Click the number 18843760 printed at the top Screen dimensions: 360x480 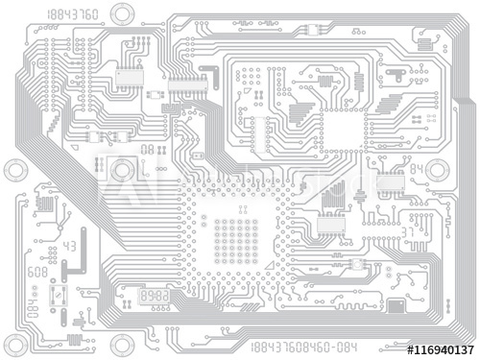(x=72, y=13)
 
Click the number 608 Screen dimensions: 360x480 (x=36, y=273)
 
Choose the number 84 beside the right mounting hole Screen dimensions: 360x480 (x=417, y=168)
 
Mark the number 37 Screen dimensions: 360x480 (x=408, y=231)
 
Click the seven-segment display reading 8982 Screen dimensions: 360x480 (x=155, y=298)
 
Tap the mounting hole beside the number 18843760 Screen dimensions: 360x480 (x=122, y=12)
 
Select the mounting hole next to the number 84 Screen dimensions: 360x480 (x=438, y=171)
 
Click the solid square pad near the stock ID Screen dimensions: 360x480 (x=396, y=306)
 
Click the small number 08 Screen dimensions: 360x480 (x=147, y=149)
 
